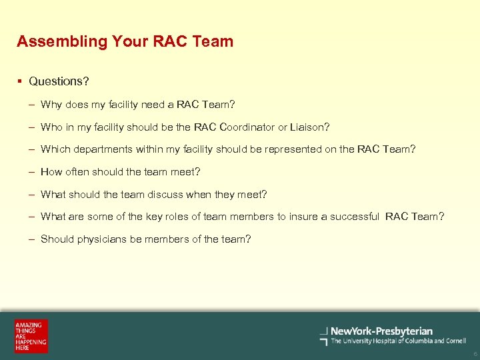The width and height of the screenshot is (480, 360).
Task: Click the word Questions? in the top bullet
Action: (x=59, y=81)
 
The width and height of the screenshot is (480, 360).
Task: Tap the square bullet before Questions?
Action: (x=21, y=81)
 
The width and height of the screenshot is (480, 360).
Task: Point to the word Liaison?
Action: (x=310, y=127)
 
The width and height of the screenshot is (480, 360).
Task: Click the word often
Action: (x=77, y=172)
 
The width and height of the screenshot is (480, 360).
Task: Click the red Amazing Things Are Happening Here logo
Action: (x=31, y=336)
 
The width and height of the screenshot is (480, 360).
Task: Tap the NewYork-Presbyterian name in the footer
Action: (x=381, y=331)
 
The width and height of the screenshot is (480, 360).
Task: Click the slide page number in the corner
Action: (x=475, y=354)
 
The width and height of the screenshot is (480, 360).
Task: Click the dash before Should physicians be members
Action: (x=32, y=239)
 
